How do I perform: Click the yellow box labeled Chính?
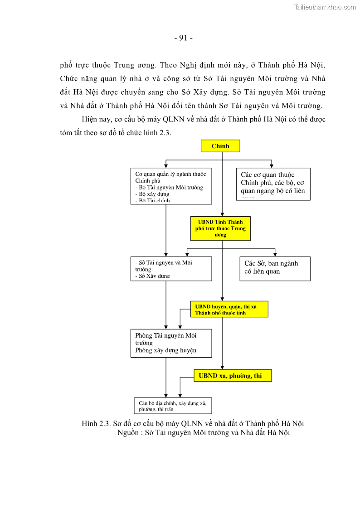220,146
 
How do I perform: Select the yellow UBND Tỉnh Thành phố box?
220,228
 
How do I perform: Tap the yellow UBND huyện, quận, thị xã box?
229,309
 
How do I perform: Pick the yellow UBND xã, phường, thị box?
233,376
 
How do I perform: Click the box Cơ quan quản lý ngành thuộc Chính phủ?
171,186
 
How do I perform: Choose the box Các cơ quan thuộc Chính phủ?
273,184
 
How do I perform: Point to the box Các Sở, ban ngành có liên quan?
275,268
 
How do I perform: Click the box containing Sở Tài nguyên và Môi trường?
171,269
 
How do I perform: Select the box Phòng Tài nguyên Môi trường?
171,343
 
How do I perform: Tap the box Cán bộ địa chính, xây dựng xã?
172,406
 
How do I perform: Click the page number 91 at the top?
183,38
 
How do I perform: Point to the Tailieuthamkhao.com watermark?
325,7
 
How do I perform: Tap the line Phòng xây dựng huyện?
166,350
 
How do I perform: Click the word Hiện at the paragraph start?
90,120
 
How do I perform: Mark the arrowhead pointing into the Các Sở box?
275,254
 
